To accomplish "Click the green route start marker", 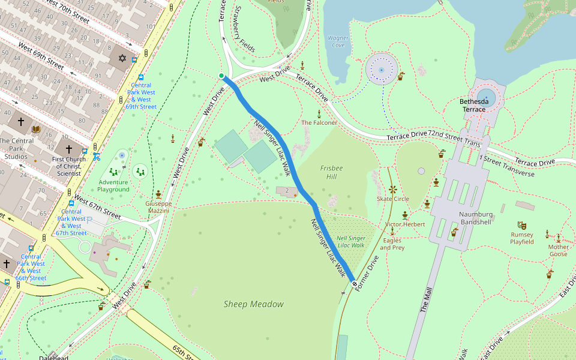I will [x=221, y=76].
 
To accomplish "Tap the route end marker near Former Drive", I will [x=355, y=283].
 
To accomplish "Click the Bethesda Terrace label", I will [x=479, y=106].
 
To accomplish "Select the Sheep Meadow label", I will [x=253, y=304].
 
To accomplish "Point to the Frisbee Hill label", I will [x=331, y=173].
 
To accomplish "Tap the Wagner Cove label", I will [x=338, y=41].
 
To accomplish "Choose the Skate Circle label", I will [x=392, y=199].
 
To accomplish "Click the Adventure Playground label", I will [x=113, y=185].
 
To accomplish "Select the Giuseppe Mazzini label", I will [x=158, y=207].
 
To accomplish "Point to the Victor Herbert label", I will [x=405, y=224].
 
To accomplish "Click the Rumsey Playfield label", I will [x=522, y=238].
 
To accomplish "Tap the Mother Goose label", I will [x=558, y=250].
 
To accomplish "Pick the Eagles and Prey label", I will [x=392, y=244].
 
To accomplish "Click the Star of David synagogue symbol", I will [x=122, y=58].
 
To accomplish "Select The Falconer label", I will [x=319, y=122].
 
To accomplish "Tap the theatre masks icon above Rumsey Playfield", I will [x=522, y=226].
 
